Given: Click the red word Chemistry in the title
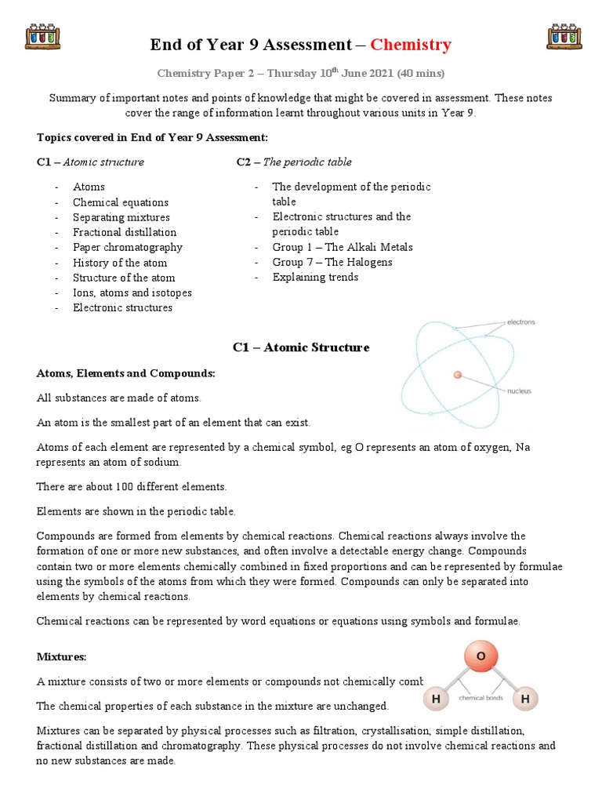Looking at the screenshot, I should [411, 45].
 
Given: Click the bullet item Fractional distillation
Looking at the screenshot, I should [125, 232].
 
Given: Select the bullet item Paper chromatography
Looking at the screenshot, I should [127, 247].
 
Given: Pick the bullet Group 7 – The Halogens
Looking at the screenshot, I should [332, 262].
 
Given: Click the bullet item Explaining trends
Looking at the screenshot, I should [315, 277].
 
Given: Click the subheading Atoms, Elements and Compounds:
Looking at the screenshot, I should [125, 373].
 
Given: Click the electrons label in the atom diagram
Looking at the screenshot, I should [520, 322].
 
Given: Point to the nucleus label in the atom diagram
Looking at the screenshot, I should [520, 390].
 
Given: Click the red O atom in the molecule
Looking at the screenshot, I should [481, 656].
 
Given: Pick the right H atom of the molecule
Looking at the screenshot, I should [526, 698].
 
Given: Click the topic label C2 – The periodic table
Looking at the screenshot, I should [294, 162].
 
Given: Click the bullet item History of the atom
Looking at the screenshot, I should [120, 263].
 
